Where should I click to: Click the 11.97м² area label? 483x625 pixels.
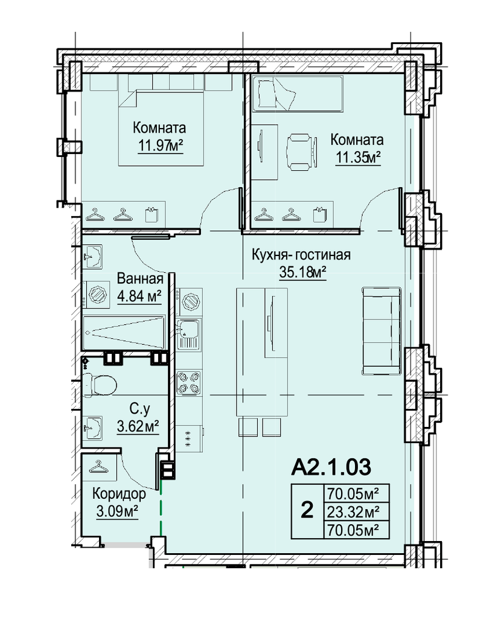pos(160,146)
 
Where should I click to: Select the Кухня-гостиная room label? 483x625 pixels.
pos(301,254)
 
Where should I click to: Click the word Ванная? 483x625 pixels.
pos(140,278)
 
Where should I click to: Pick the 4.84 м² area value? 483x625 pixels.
pos(139,296)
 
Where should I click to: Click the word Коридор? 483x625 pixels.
pos(119,494)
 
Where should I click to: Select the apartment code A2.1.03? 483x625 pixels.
pos(331,467)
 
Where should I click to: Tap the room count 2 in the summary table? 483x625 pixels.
pos(307,510)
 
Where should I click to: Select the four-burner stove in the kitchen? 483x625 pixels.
pos(189,383)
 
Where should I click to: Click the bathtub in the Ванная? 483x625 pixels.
pos(124,333)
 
